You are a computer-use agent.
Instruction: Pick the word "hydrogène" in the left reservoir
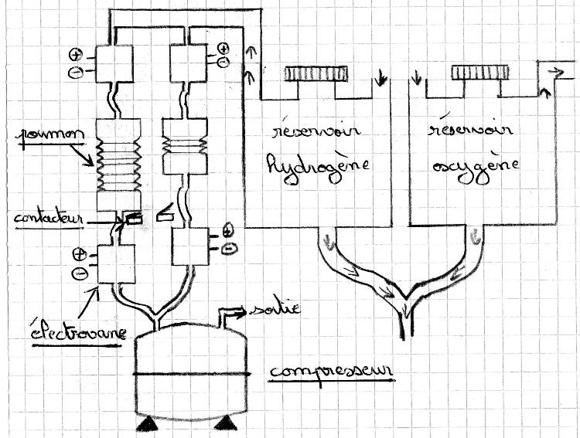click(x=317, y=164)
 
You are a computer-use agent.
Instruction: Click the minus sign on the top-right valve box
click(x=223, y=60)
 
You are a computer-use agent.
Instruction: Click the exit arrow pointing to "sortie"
click(x=232, y=312)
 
